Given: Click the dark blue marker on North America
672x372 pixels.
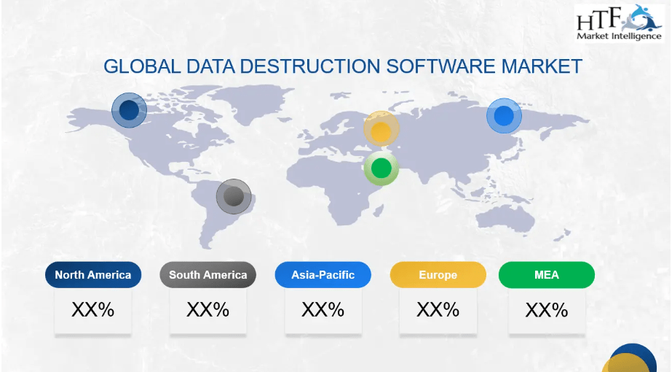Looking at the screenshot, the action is click(x=129, y=110).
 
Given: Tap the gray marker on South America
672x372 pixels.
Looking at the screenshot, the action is click(x=234, y=196).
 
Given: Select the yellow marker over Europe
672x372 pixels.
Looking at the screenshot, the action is click(x=381, y=128).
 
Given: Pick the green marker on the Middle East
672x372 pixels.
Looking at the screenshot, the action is click(x=381, y=168).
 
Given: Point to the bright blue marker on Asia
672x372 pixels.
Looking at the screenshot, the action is click(x=504, y=115).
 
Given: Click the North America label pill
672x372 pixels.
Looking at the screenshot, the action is click(x=93, y=275).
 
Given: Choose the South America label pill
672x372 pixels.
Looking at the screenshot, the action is click(x=207, y=275).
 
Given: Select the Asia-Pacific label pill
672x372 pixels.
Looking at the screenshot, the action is click(x=323, y=275).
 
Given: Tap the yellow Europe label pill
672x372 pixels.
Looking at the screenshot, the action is click(x=438, y=275).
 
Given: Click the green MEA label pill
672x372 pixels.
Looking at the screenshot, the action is click(x=547, y=275).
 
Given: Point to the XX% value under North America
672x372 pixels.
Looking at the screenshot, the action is click(x=93, y=310).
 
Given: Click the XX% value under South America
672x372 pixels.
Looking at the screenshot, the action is click(x=207, y=310).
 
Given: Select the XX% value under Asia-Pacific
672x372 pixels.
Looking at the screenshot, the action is click(x=323, y=310).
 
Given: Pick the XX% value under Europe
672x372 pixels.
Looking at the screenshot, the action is click(x=438, y=310).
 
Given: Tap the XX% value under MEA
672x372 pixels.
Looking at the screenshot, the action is click(x=547, y=310).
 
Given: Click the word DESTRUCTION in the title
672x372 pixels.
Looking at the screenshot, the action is click(x=310, y=66).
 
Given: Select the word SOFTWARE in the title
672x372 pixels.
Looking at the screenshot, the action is click(x=440, y=66).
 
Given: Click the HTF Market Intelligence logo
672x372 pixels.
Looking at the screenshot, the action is click(x=620, y=23).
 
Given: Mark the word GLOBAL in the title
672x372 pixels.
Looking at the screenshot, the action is click(x=142, y=66).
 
